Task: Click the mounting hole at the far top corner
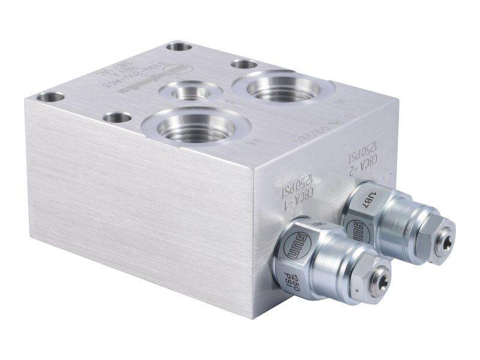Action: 179,46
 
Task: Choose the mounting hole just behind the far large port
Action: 244,64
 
